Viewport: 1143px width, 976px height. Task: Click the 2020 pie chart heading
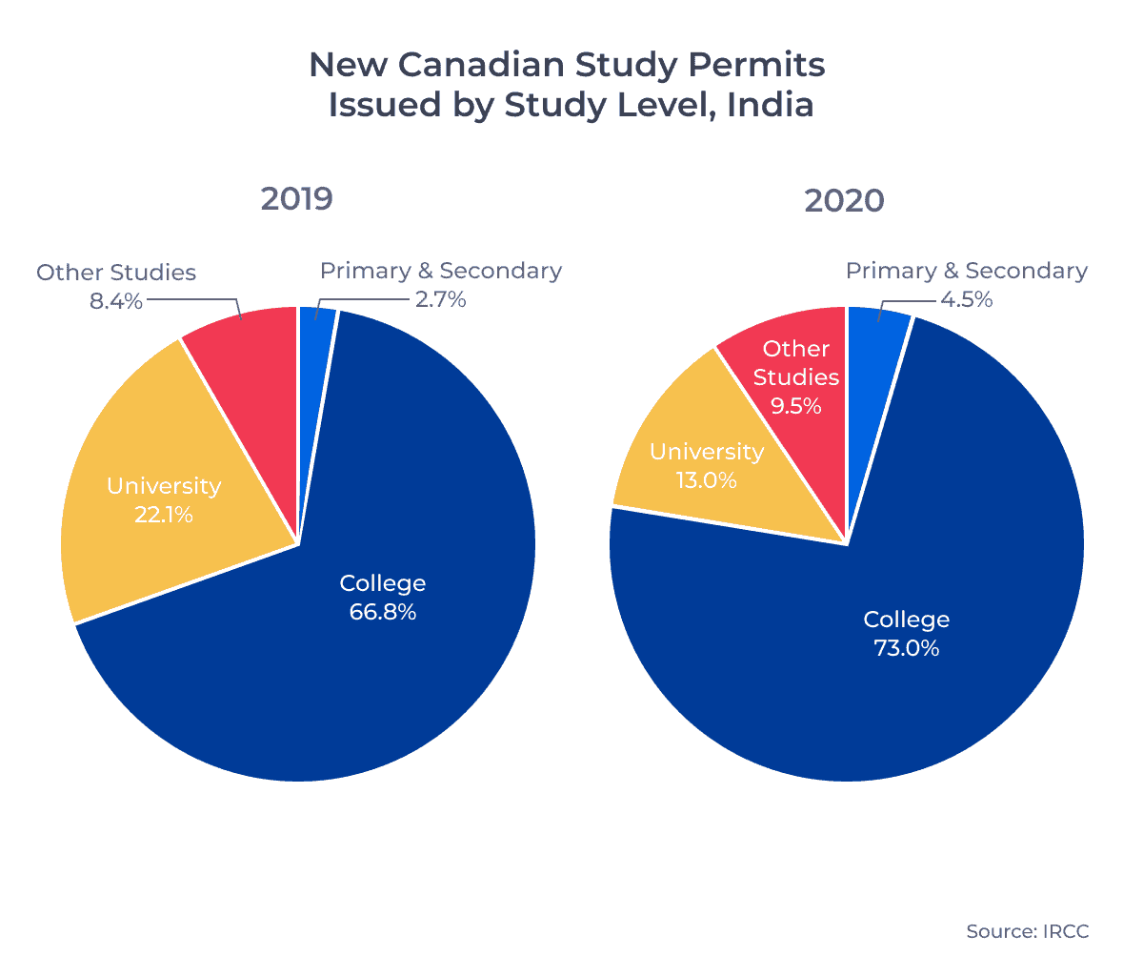click(844, 200)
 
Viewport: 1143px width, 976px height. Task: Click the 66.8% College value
click(382, 612)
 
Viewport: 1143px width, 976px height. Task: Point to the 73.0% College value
click(906, 648)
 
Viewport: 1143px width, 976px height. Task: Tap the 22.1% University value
click(163, 515)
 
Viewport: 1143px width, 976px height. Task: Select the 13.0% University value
click(706, 480)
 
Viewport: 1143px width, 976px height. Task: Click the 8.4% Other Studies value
click(115, 301)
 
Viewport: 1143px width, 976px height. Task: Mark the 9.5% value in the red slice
click(795, 406)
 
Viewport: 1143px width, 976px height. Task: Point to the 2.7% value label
click(440, 299)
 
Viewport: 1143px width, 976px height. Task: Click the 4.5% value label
click(966, 299)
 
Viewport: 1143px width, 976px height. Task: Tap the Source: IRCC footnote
click(1027, 931)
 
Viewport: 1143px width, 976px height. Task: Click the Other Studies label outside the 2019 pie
click(116, 273)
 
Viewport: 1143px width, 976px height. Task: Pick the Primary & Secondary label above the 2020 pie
click(966, 271)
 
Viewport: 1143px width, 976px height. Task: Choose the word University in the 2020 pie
click(706, 452)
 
